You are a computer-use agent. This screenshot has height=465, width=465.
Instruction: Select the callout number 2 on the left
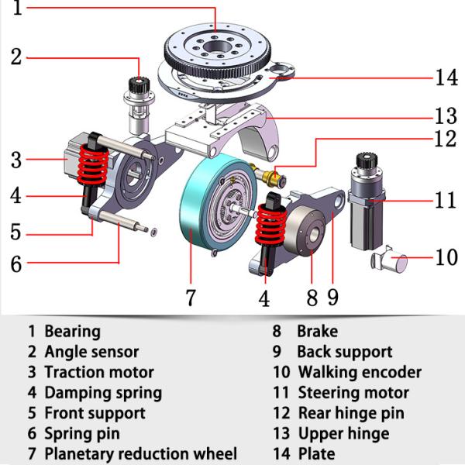tap(16, 57)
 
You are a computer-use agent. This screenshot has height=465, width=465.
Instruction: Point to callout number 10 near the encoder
tap(447, 257)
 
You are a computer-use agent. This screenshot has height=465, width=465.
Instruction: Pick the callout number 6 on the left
tap(16, 263)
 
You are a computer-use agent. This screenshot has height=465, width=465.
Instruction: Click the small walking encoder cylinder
tap(391, 262)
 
